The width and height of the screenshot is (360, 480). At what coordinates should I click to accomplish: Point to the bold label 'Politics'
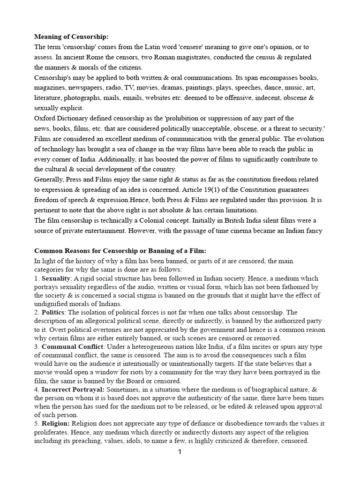54,312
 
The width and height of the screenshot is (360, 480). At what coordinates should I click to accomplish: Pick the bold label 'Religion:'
56,423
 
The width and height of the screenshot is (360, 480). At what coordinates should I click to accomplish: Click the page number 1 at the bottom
180,452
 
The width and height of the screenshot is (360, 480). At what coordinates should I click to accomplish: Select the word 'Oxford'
45,118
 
